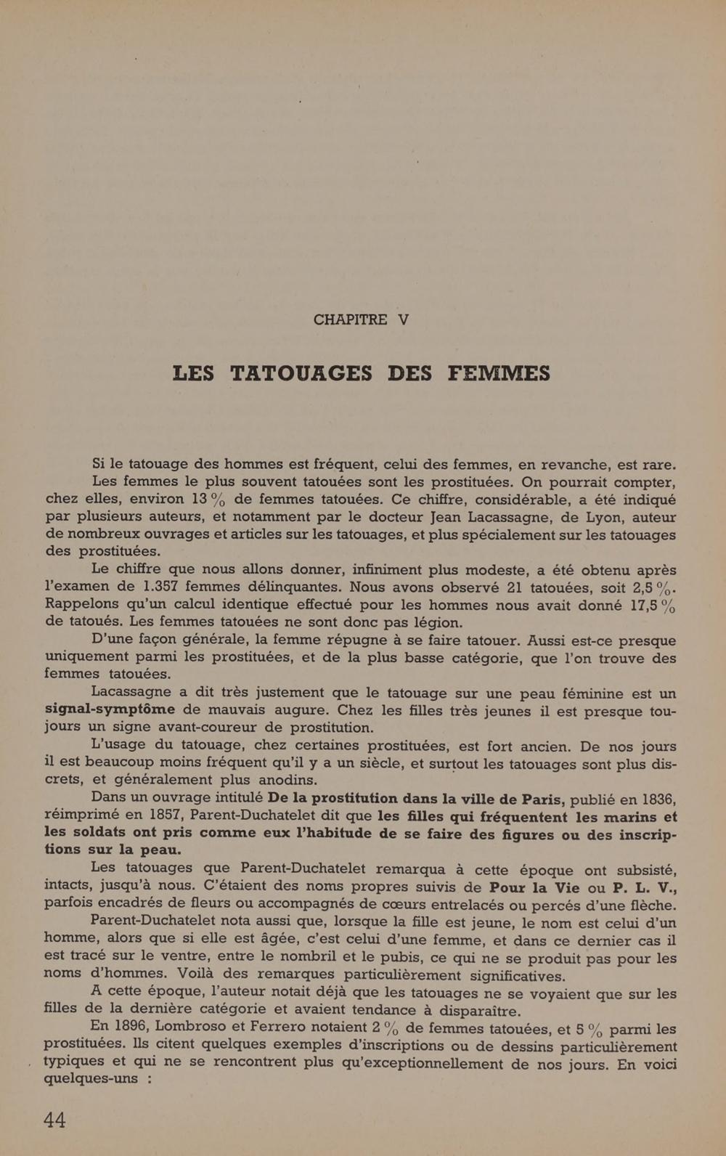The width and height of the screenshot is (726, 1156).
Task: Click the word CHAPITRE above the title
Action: tap(350, 319)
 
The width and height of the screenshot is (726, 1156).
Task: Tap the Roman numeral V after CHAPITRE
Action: tap(404, 319)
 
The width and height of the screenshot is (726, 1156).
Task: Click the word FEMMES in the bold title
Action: tap(499, 373)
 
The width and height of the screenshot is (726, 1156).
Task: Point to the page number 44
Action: tap(54, 1120)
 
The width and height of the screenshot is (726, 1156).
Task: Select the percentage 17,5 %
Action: tap(653, 606)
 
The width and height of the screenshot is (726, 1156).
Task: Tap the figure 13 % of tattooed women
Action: tap(208, 500)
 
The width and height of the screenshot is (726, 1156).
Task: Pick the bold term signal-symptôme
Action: tap(110, 709)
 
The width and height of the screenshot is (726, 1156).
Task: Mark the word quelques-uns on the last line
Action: tap(91, 1078)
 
